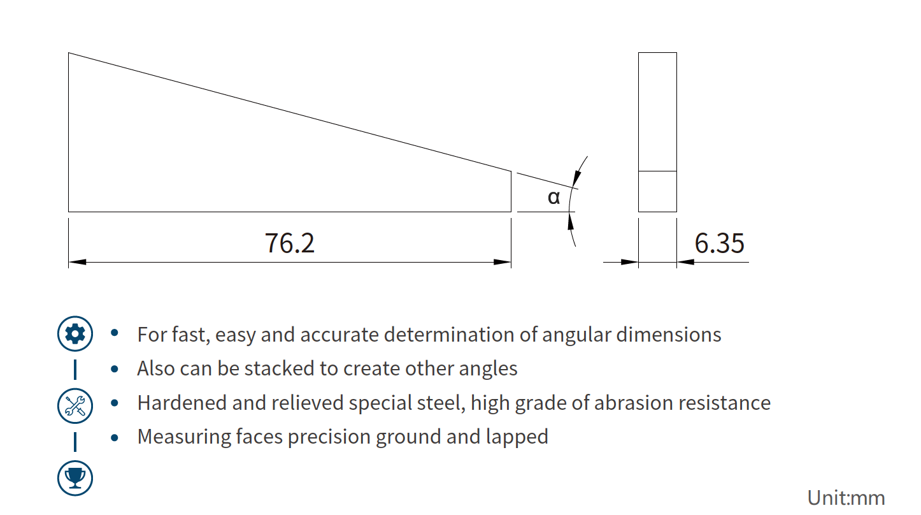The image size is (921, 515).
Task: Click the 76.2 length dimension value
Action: point(290,243)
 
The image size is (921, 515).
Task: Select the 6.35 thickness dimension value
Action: point(719,243)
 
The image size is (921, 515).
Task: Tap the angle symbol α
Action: point(554,198)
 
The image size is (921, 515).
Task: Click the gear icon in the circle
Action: point(75,333)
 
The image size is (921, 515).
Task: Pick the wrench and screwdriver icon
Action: point(75,405)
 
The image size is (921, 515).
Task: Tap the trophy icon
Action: point(75,475)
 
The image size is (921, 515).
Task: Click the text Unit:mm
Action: point(846,497)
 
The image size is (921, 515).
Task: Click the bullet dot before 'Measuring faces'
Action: point(115,437)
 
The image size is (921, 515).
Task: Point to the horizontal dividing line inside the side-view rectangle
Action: point(657,171)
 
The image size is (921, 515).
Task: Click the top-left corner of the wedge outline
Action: point(69,53)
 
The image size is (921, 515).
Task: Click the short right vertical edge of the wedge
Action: point(511,191)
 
